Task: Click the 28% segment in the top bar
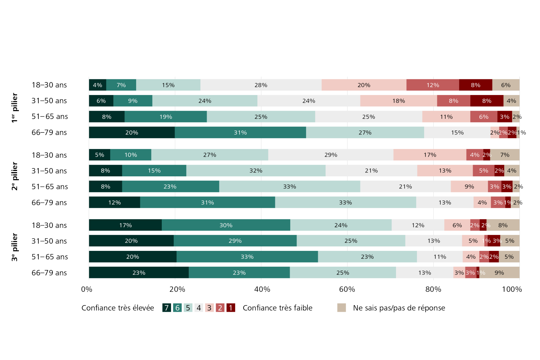point(261,85)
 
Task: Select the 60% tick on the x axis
point(347,289)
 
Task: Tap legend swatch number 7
point(166,308)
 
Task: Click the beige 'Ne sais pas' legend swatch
point(341,308)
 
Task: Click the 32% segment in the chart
point(256,171)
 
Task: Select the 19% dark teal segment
point(166,117)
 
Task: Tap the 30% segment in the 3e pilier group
point(226,225)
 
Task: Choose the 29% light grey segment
point(331,155)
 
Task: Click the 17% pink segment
point(430,155)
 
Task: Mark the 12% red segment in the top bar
point(433,85)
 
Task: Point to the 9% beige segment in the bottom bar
point(499,273)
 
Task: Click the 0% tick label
point(87,289)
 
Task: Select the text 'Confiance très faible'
point(278,308)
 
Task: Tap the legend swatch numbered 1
point(231,308)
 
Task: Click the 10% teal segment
point(131,155)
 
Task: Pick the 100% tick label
point(512,289)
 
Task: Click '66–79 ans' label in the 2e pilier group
point(49,202)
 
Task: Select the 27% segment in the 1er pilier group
point(365,132)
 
